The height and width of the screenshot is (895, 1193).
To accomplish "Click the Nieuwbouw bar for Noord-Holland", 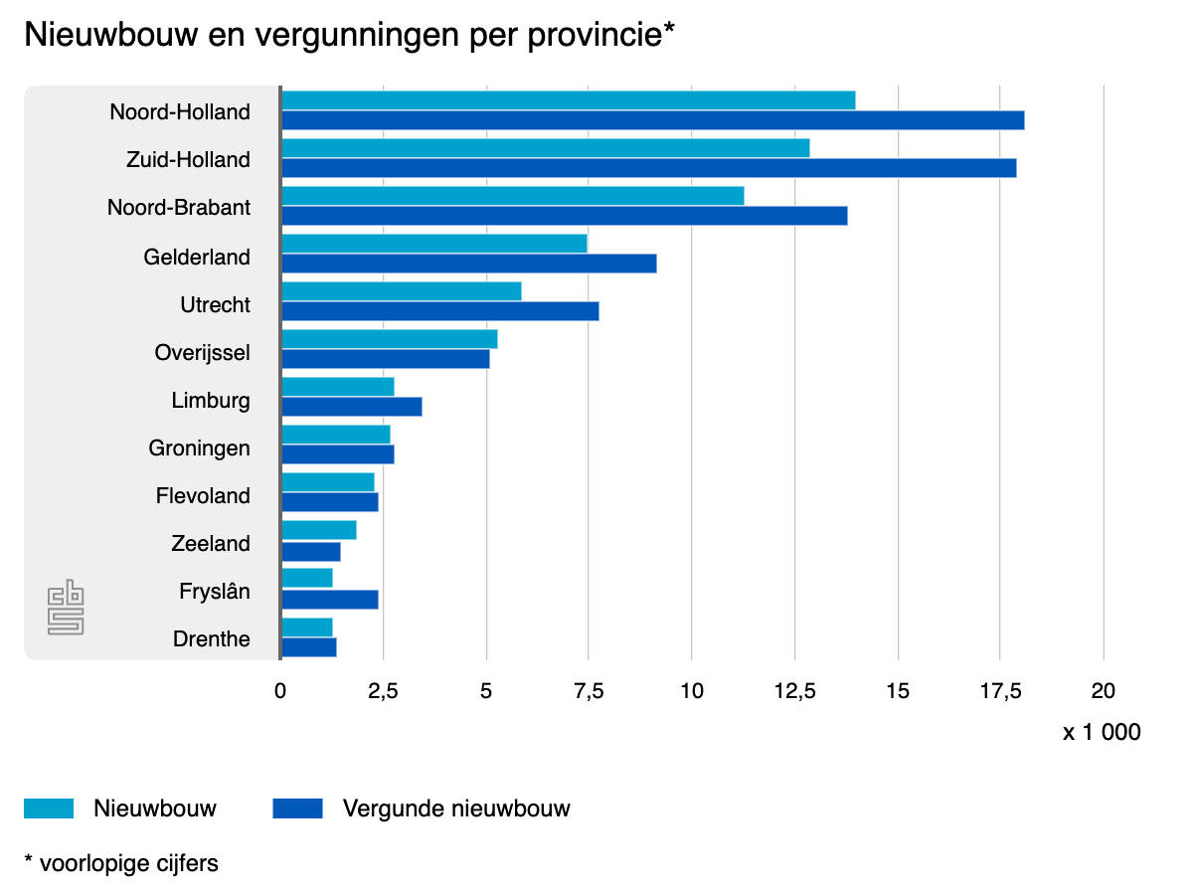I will [568, 100].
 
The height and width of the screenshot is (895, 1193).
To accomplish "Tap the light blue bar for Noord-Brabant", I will [512, 196].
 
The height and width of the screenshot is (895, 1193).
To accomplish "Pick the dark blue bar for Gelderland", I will [468, 264].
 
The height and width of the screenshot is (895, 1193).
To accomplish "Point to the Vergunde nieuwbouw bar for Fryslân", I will [329, 600].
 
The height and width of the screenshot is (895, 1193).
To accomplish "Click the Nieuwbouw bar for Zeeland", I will [318, 530].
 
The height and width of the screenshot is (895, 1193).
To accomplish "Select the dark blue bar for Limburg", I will [351, 407].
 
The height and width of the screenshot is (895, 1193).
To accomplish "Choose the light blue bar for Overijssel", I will [389, 339].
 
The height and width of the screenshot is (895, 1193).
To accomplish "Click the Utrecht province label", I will [215, 305].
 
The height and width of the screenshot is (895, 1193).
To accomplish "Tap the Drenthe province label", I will [211, 639].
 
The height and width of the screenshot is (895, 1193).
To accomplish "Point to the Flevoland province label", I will [203, 496].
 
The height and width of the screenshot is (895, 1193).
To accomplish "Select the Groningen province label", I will [199, 448].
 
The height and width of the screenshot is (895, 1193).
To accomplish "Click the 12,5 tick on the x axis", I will [794, 691].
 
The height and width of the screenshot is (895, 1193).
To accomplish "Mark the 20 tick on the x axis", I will [1104, 691].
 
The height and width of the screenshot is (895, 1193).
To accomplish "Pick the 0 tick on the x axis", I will [280, 691].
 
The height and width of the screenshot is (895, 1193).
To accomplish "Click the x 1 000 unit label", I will [1102, 733].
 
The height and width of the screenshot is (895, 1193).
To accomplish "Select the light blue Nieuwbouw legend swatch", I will [49, 808].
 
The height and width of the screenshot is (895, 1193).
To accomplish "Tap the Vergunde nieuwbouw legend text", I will [456, 808].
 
